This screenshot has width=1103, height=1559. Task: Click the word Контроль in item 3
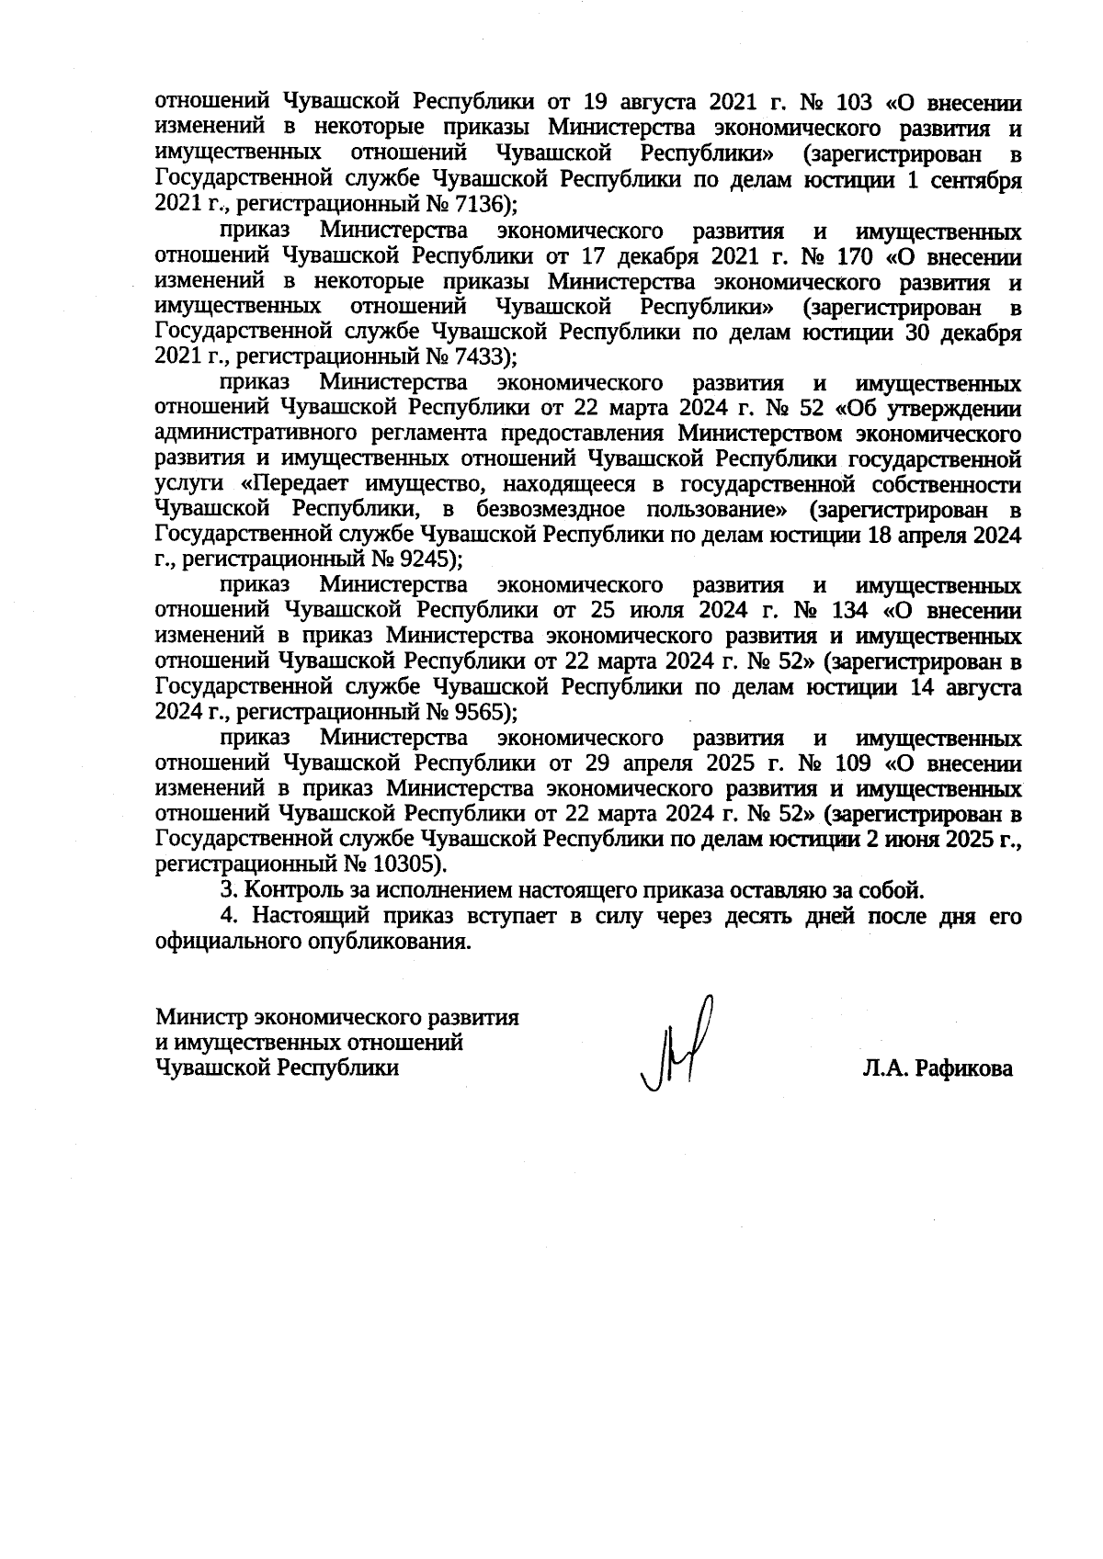(286, 889)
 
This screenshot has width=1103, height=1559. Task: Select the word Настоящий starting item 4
(305, 916)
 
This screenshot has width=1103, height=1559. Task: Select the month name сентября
(980, 179)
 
